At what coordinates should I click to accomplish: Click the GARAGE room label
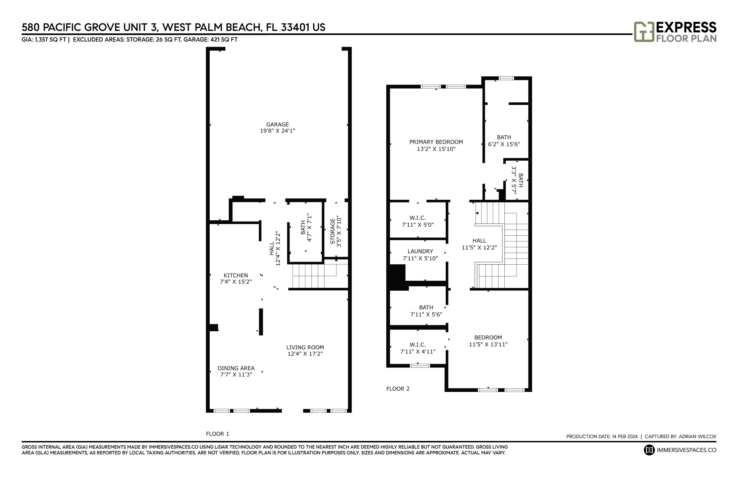[277, 124]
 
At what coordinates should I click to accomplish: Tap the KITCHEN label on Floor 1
[236, 275]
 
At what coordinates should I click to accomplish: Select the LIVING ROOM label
[305, 347]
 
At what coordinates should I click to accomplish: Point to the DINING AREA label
[236, 368]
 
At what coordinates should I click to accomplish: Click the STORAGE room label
[333, 231]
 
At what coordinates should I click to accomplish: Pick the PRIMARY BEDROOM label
[436, 142]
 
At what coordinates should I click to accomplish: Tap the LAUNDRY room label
[420, 251]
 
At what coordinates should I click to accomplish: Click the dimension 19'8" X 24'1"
[277, 131]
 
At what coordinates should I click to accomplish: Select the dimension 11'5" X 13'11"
[488, 344]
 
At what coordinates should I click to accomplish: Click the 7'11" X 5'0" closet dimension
[418, 225]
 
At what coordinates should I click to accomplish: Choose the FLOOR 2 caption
[398, 389]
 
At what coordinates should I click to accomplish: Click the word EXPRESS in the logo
[686, 27]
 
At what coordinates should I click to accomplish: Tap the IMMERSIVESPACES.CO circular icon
[649, 450]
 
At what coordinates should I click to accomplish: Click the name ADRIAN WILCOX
[697, 436]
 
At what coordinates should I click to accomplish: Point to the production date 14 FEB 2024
[624, 436]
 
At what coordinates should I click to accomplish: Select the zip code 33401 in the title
[295, 27]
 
